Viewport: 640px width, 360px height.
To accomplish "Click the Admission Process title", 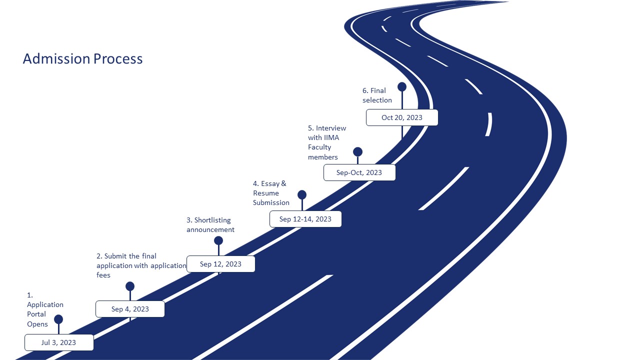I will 82,59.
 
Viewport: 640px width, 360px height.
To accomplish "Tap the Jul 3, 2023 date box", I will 59,342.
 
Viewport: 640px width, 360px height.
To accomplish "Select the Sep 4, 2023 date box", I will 130,309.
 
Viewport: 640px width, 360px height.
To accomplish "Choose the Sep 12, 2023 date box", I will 220,264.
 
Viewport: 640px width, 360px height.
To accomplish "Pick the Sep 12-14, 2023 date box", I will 305,219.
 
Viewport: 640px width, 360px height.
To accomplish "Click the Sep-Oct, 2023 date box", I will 359,172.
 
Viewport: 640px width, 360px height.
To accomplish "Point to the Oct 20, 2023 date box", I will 402,117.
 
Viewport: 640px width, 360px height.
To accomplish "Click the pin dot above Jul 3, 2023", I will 58,319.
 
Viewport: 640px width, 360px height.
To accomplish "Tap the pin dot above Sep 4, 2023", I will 130,286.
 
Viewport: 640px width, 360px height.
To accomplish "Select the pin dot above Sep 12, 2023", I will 218,240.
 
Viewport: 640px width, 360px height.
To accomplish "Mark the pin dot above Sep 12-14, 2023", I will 302,194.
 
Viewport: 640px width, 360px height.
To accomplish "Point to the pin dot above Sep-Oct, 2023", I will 357,151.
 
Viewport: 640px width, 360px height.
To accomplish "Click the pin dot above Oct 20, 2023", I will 402,86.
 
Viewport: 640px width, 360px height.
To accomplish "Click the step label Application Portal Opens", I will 45,309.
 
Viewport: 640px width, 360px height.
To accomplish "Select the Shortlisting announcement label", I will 210,225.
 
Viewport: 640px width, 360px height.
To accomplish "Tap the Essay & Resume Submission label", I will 271,193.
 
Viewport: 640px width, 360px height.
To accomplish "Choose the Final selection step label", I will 377,95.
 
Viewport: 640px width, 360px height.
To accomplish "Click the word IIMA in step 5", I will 331,137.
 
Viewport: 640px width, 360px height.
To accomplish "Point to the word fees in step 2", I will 103,275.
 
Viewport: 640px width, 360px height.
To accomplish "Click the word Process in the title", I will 118,59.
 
